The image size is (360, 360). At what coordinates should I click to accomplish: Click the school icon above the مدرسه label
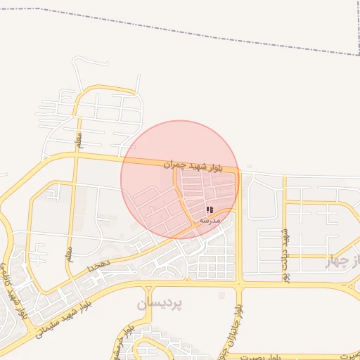click(x=210, y=210)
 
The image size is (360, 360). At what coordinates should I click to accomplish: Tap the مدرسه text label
click(x=210, y=220)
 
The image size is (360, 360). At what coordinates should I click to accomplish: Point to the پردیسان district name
click(x=160, y=304)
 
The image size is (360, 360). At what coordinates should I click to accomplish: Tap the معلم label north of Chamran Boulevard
click(x=79, y=136)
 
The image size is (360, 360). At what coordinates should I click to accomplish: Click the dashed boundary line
click(x=211, y=30)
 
